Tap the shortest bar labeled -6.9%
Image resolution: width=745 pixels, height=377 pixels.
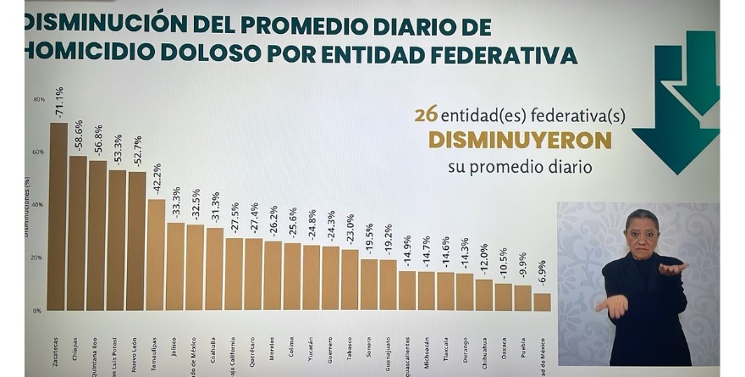(542, 302)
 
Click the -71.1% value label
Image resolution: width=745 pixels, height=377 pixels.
(58, 103)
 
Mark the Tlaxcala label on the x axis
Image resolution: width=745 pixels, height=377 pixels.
(445, 350)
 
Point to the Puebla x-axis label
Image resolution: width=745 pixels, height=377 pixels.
(522, 347)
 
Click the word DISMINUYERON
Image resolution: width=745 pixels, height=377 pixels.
(520, 140)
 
